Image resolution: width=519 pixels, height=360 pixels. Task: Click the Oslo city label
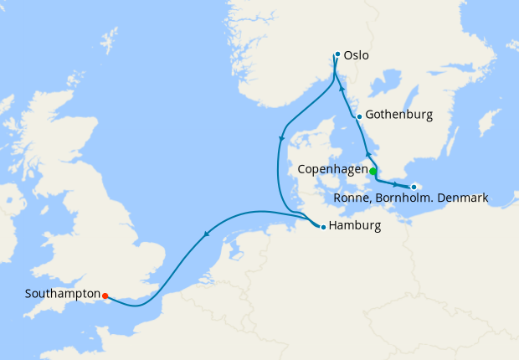[357, 56]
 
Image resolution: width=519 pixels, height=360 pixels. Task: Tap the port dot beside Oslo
[337, 55]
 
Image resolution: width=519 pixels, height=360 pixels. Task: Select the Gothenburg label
[398, 116]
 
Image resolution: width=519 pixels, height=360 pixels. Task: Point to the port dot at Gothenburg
[359, 116]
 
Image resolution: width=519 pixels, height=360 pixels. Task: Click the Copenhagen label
[332, 170]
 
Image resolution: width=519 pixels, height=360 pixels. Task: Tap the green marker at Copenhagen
[373, 170]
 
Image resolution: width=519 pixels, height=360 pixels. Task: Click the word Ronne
[351, 198]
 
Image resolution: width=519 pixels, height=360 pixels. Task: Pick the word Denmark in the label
[460, 198]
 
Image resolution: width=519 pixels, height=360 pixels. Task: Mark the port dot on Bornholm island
[414, 187]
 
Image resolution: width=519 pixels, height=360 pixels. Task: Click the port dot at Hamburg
[323, 227]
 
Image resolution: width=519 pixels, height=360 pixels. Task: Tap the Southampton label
[62, 295]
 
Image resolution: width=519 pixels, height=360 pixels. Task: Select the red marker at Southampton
[105, 296]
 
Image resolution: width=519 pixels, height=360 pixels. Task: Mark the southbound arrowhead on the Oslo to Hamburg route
[281, 139]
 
